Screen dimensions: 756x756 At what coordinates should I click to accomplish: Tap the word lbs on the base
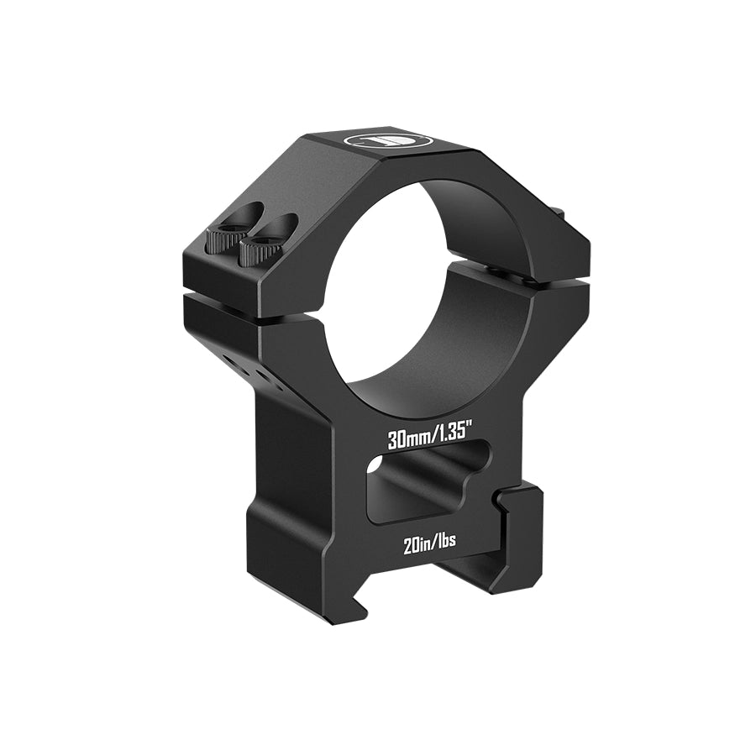coord(445,542)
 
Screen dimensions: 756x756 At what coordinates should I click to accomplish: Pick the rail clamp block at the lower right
coord(517,538)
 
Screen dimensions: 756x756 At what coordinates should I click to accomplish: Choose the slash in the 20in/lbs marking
coord(432,542)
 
